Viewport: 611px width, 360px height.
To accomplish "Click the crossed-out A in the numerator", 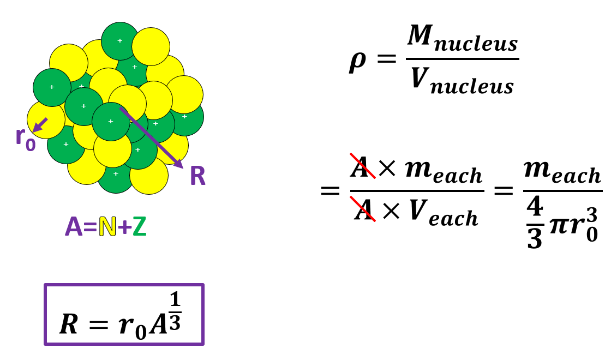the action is (x=362, y=167).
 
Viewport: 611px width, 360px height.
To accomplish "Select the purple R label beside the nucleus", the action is (x=197, y=177).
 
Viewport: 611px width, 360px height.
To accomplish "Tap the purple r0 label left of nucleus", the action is (x=25, y=137).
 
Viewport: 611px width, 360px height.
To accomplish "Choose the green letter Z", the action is (x=140, y=227).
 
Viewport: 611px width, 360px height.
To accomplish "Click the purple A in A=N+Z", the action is (x=74, y=227).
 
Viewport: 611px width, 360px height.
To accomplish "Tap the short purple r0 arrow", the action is (x=40, y=125).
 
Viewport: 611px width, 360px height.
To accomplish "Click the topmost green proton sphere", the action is (x=120, y=40).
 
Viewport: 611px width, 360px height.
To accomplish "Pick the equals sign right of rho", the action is (x=387, y=59).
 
